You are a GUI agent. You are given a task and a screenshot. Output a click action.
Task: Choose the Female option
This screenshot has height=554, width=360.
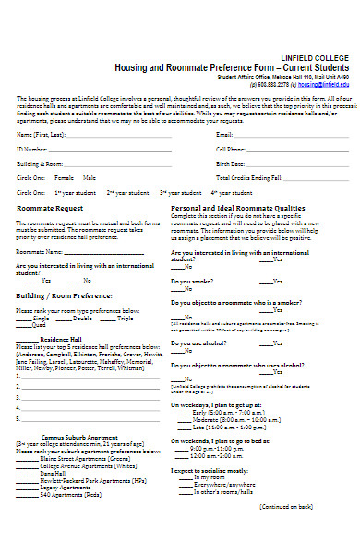[64, 177]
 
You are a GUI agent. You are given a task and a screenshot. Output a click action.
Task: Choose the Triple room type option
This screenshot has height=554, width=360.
[126, 319]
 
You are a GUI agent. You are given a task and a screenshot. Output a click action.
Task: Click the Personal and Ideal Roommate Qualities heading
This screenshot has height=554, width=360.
[237, 209]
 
